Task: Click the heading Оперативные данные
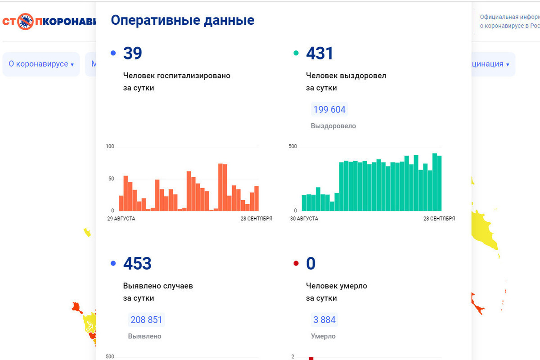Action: click(x=182, y=20)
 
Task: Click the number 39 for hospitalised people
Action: click(x=132, y=54)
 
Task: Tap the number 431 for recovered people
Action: click(x=319, y=54)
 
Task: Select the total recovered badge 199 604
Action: click(x=329, y=110)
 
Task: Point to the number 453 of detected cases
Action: click(x=137, y=264)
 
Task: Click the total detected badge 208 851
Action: click(x=146, y=320)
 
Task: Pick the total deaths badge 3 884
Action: click(x=324, y=320)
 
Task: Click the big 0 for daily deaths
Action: click(x=310, y=264)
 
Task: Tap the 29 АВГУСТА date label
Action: click(x=121, y=219)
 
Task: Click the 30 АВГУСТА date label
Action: click(x=304, y=219)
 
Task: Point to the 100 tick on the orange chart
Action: click(x=110, y=146)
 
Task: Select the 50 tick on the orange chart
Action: click(x=112, y=179)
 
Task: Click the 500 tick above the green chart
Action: click(x=292, y=146)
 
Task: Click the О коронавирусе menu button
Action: click(x=41, y=64)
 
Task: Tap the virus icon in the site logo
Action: click(x=25, y=22)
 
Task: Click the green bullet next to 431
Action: click(x=296, y=53)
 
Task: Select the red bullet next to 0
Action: click(x=296, y=263)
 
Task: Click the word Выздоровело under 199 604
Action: click(x=333, y=126)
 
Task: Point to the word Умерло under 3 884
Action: click(x=323, y=336)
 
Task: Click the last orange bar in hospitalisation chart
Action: click(x=256, y=198)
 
